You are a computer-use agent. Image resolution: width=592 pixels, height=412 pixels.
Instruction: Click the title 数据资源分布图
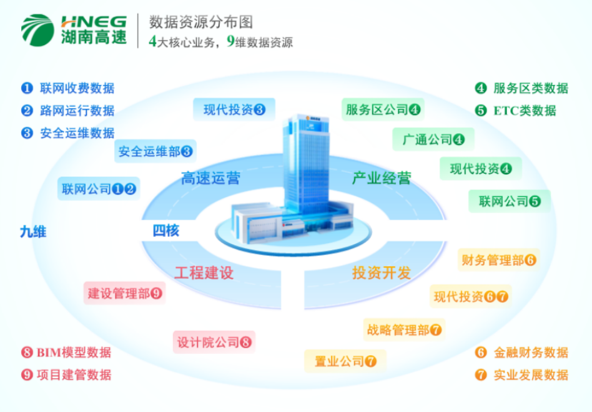pos(200,22)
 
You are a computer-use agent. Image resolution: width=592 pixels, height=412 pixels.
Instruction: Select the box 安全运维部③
pos(155,151)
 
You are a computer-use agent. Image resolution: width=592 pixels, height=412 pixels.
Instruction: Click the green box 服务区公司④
pos(383,110)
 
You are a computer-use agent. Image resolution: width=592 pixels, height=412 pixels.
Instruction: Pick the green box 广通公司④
pos(433,139)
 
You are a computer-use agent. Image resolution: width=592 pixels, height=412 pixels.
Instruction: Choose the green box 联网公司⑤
pos(509,201)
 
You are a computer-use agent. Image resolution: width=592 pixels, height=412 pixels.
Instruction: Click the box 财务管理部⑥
pos(498,260)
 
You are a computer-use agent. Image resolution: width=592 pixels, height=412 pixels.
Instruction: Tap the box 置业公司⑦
pos(345,361)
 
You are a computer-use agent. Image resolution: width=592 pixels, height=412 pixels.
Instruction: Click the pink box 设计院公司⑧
pos(214,342)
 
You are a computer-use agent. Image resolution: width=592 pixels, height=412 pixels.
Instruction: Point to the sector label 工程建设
pos(204,273)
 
